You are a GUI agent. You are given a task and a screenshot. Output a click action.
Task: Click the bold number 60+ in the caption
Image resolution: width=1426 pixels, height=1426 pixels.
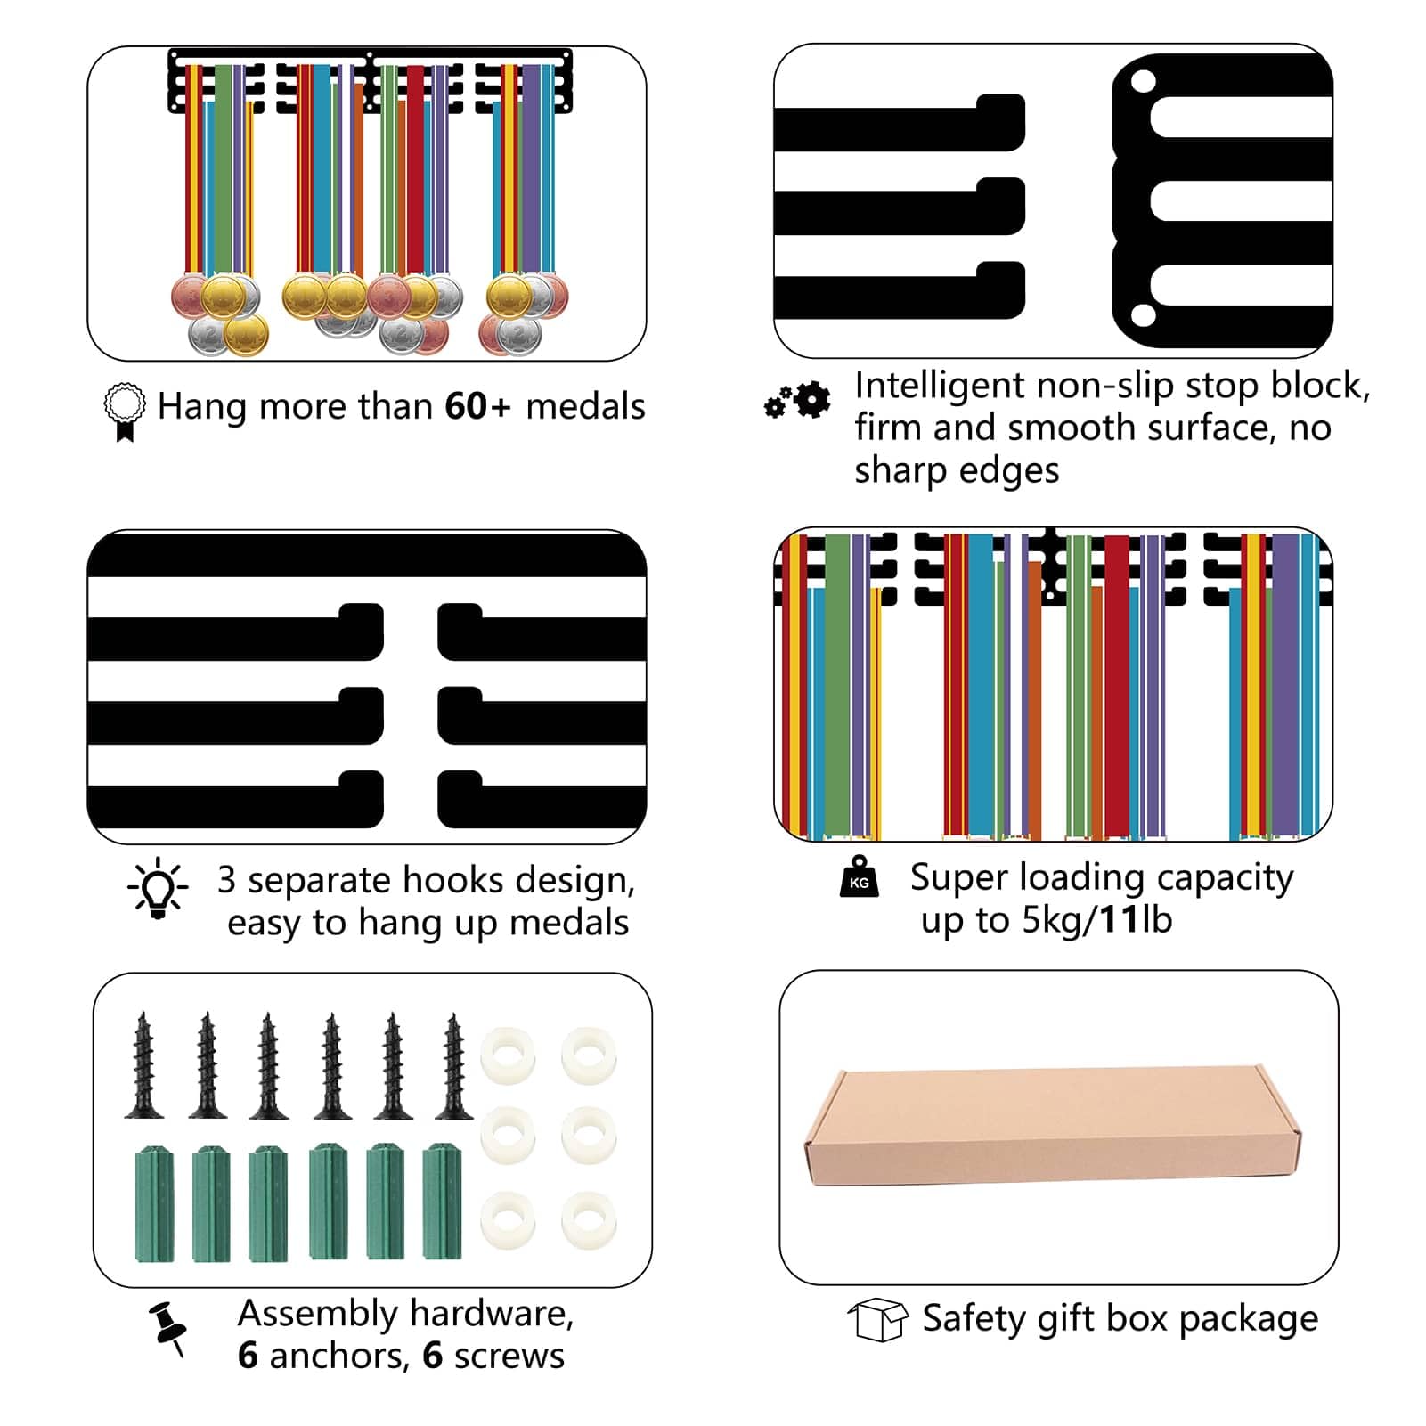(x=478, y=406)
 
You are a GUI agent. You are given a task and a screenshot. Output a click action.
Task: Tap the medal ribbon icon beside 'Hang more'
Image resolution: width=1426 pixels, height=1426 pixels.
(x=125, y=412)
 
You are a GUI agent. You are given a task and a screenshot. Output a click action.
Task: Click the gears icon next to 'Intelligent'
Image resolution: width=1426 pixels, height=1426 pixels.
(x=797, y=401)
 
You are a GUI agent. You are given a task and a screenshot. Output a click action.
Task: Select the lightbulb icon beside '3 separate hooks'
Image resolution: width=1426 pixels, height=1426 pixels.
(x=158, y=888)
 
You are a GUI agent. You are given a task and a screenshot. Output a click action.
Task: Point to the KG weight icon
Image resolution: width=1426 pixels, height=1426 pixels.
(x=860, y=876)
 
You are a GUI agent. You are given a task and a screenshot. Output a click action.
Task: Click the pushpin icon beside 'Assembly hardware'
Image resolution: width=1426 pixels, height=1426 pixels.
(x=168, y=1328)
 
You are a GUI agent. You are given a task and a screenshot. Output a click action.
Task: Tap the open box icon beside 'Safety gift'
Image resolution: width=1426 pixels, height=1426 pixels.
(x=878, y=1318)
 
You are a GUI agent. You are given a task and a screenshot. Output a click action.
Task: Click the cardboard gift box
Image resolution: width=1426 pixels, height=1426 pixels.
(x=1053, y=1127)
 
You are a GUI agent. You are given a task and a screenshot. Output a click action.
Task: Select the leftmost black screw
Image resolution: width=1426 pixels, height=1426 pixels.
(x=143, y=1065)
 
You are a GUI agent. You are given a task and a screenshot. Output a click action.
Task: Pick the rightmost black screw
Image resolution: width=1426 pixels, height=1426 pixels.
(x=454, y=1066)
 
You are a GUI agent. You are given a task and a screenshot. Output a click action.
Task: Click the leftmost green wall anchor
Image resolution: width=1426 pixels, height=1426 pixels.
(x=155, y=1203)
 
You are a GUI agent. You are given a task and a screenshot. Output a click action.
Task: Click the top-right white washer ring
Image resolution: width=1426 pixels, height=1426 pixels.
(x=589, y=1055)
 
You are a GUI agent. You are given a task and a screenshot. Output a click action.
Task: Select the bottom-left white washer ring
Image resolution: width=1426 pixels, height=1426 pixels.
(x=508, y=1219)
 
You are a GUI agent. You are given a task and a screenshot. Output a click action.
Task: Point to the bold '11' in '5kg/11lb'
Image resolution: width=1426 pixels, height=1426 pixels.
(x=1119, y=919)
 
